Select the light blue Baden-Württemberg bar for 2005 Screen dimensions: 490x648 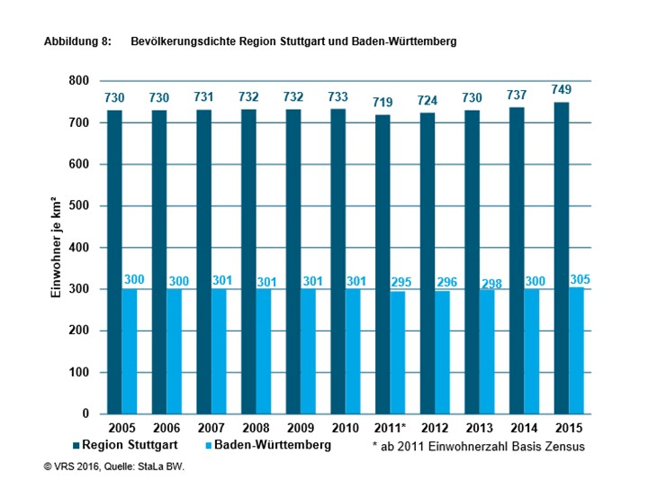tap(129, 351)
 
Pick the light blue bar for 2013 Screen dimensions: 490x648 tap(486, 352)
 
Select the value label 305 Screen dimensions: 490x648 tap(580, 280)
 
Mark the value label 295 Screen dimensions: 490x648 tap(402, 283)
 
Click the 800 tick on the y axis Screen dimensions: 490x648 tap(80, 81)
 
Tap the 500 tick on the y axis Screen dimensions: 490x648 tap(80, 206)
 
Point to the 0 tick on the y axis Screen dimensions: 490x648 tap(87, 414)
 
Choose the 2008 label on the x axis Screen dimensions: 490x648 tap(255, 429)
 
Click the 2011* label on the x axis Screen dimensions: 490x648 tap(391, 429)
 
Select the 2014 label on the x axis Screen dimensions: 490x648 tap(523, 429)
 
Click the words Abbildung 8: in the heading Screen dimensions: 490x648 tap(76, 41)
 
